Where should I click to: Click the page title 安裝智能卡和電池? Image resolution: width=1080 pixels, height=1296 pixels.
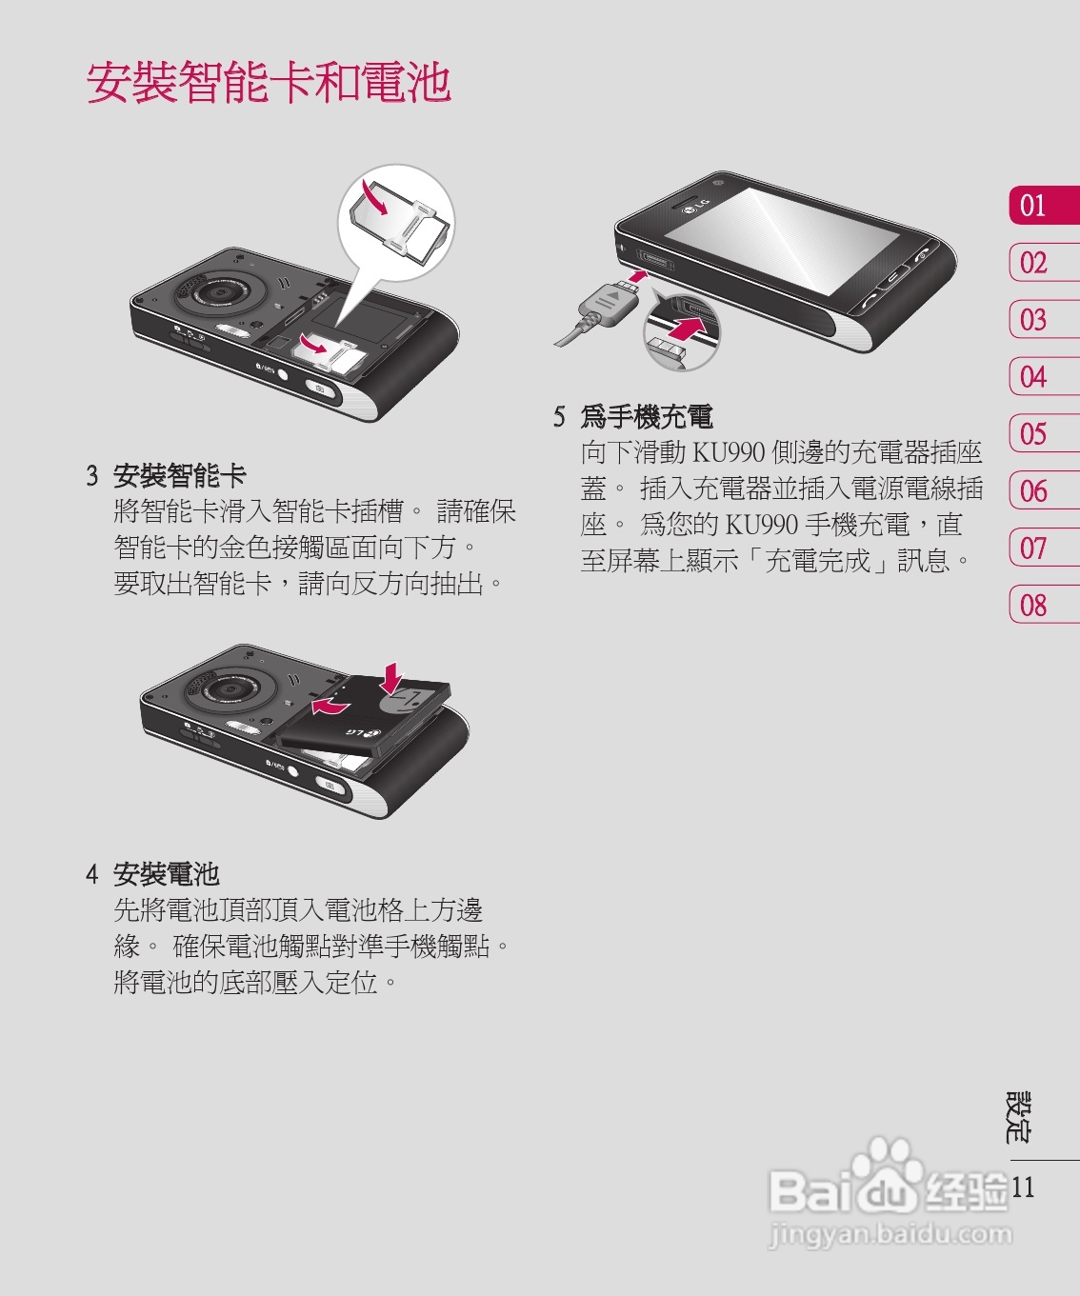click(269, 82)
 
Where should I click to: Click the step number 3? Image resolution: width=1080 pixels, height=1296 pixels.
click(91, 476)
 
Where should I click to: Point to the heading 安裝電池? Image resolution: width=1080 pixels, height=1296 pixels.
click(167, 874)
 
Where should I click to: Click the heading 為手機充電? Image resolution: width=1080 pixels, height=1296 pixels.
click(647, 416)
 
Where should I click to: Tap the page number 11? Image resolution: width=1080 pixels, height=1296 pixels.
click(1023, 1187)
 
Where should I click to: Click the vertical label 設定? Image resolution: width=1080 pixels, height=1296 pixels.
click(1018, 1117)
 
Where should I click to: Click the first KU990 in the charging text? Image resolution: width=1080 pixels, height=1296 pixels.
click(728, 452)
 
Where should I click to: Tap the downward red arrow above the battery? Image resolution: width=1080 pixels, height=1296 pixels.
click(392, 678)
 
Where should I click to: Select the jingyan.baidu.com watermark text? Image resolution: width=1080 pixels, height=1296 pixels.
click(891, 1234)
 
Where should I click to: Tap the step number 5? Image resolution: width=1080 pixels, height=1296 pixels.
click(559, 416)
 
